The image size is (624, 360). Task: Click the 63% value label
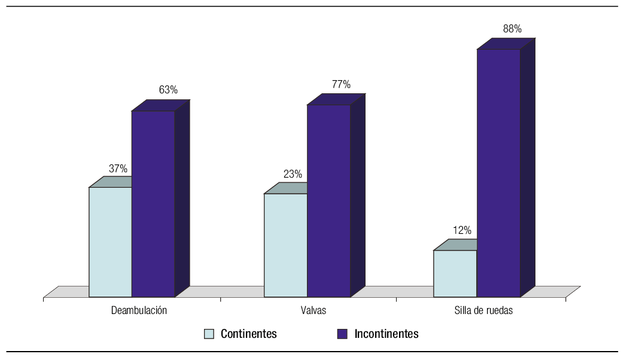[168, 90]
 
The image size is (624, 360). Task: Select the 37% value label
[118, 169]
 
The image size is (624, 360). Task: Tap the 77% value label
[341, 84]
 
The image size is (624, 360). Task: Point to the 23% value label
[293, 175]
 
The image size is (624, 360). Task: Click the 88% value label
[513, 29]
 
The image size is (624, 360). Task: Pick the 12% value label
[462, 230]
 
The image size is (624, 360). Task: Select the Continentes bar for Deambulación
[110, 242]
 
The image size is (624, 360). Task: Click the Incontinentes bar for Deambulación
[154, 204]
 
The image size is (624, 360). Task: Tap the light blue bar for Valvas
[285, 245]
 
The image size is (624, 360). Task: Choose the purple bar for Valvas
[329, 201]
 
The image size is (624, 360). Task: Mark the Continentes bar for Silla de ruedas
[455, 273]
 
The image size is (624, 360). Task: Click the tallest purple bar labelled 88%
[498, 173]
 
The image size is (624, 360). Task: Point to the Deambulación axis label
[139, 311]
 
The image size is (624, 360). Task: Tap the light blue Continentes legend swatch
[209, 334]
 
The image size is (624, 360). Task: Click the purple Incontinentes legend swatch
[342, 334]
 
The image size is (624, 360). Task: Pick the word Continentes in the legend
[248, 334]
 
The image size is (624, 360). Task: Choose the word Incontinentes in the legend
[386, 334]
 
